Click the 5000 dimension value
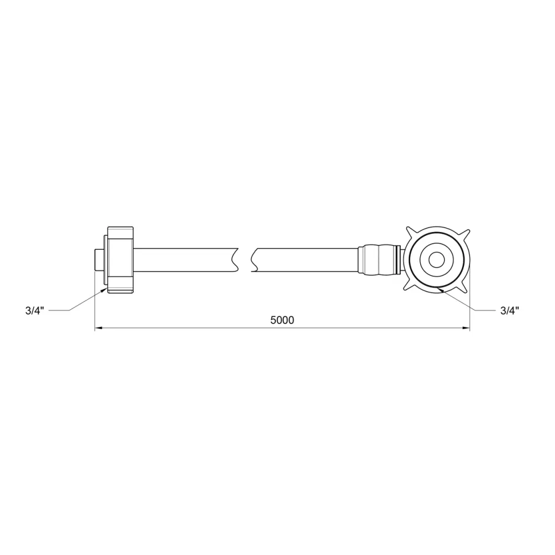click(x=282, y=320)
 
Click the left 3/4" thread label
click(x=34, y=311)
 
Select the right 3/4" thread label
click(x=509, y=311)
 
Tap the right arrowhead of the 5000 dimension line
click(x=466, y=328)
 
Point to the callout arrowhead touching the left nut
click(x=104, y=290)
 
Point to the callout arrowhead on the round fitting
click(x=440, y=290)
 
